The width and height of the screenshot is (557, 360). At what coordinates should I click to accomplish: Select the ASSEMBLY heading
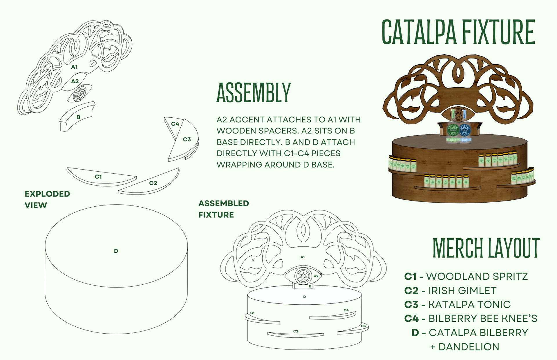point(254,93)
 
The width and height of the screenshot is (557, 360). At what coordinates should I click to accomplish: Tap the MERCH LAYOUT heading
point(486,248)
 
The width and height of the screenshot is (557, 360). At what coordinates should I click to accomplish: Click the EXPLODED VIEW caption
point(47,199)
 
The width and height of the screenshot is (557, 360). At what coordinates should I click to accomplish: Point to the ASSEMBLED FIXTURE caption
point(223,209)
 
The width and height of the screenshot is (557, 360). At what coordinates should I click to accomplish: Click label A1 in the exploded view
point(75,67)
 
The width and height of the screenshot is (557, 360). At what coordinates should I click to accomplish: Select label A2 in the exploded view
point(75,81)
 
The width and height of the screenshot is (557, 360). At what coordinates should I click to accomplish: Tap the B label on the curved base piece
point(78,117)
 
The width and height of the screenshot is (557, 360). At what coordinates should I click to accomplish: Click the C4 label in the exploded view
point(175,124)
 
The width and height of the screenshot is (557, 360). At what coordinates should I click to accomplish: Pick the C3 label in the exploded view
point(187,139)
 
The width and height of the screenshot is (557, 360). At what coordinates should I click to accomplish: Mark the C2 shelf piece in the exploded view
point(153,183)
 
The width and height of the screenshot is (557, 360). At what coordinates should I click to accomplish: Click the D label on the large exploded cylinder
point(116,251)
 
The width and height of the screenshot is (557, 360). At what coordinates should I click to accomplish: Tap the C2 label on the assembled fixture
point(296,331)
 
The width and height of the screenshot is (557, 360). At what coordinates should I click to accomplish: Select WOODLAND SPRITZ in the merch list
point(477,277)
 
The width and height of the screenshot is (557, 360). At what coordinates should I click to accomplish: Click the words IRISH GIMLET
point(462,291)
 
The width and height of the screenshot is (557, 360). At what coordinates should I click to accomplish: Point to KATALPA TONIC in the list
point(469,305)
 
